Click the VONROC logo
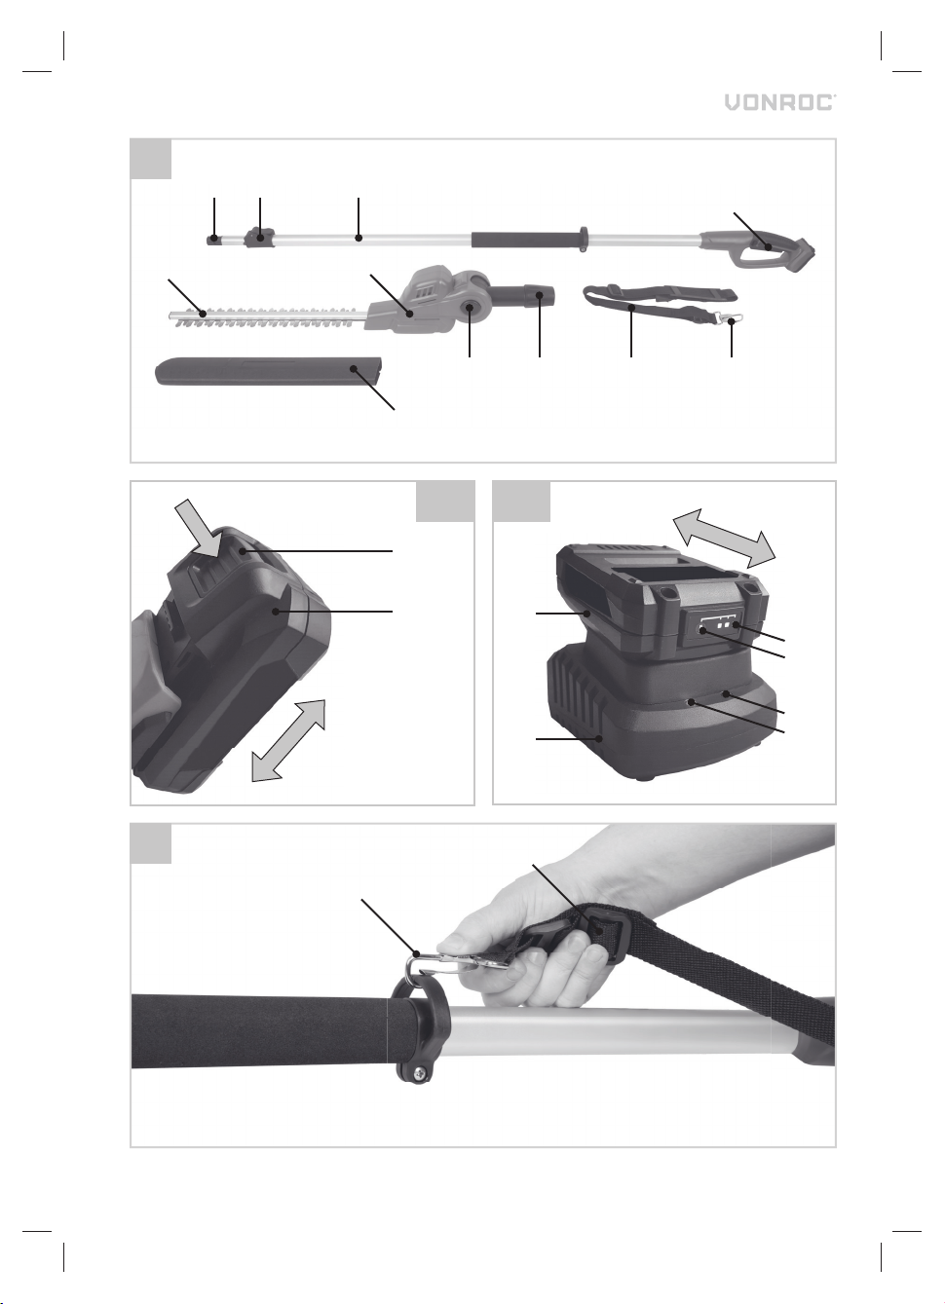(x=780, y=103)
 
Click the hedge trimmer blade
(x=269, y=316)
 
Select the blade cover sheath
(x=269, y=372)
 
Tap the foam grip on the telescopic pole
(x=524, y=241)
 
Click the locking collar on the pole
(x=258, y=238)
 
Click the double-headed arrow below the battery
(x=288, y=739)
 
